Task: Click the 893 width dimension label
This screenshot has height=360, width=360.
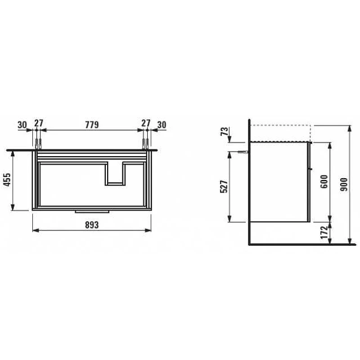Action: [x=92, y=225]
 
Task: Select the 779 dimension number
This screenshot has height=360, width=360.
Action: [x=92, y=125]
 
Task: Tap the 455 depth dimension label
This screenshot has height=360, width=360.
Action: [x=7, y=180]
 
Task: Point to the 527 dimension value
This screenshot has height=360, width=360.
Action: [x=224, y=186]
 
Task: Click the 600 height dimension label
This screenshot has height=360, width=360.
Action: [x=324, y=182]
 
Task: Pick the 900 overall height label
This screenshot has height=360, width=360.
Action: [x=344, y=184]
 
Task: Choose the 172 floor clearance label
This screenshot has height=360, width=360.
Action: [x=324, y=232]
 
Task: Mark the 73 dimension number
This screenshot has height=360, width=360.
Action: [x=225, y=131]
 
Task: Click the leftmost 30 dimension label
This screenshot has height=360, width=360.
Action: [x=22, y=125]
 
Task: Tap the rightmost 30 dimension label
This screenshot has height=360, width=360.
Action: [x=162, y=125]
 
